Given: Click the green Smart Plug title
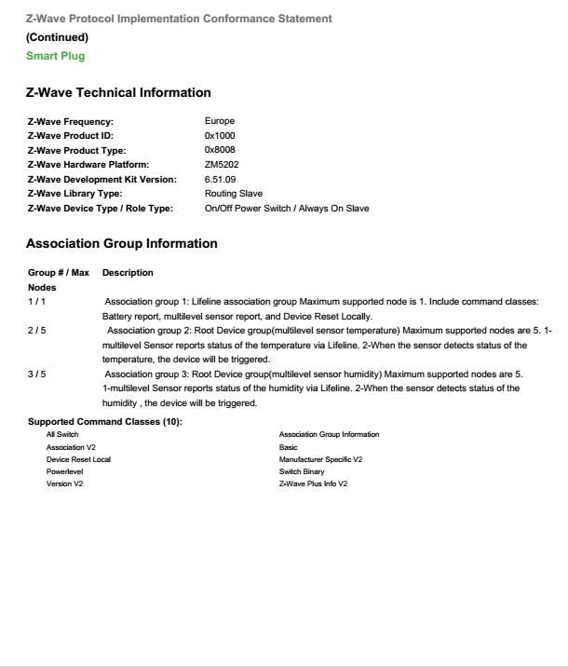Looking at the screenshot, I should pos(55,56).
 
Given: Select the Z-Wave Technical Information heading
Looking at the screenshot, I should pos(118,92).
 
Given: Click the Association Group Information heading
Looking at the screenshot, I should pos(121,243).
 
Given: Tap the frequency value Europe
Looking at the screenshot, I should pos(220,121).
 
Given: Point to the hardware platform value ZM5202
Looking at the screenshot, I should pos(222,165).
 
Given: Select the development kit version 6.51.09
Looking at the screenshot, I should pos(220,179).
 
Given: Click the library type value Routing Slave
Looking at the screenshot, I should pos(233,194).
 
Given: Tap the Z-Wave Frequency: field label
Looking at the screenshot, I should pos(71,121).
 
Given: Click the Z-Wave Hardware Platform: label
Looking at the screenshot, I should pos(88,165).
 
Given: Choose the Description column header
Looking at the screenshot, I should pos(128,273).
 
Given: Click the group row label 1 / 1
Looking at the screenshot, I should pos(36,302).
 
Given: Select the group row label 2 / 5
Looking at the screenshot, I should pos(36,331).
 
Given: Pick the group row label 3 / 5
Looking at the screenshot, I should pos(36,374).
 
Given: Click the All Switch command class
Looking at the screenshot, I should pos(62,435).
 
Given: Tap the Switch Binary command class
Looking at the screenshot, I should pos(302,471).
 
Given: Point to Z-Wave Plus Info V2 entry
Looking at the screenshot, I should pos(313,483).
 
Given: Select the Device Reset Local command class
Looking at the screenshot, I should pos(78,459).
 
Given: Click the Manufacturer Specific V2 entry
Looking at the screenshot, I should pos(320,459).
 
